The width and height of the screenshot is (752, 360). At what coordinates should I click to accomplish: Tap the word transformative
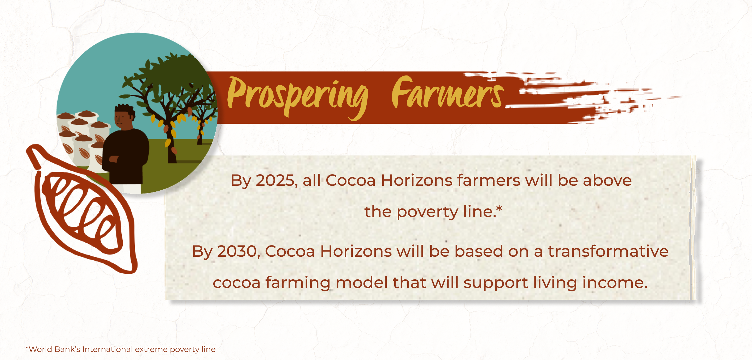point(608,251)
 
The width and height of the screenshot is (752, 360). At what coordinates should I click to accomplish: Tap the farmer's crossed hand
point(114,159)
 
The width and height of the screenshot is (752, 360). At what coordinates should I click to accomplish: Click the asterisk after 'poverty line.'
point(499,208)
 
